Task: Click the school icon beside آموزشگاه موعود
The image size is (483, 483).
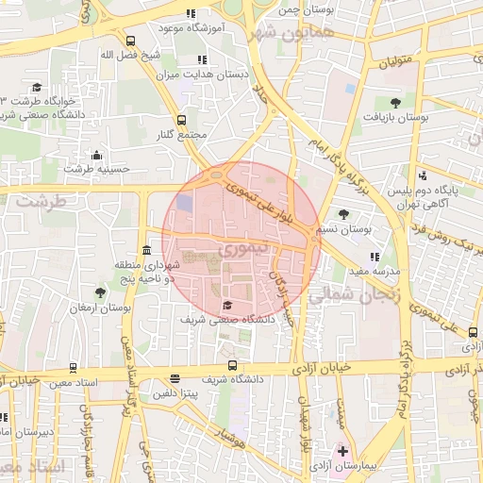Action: pyautogui.click(x=192, y=14)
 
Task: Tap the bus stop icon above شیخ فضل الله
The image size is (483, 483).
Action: pyautogui.click(x=129, y=41)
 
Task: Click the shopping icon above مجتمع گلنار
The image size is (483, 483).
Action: pyautogui.click(x=184, y=120)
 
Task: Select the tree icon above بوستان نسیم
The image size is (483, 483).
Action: pyautogui.click(x=343, y=214)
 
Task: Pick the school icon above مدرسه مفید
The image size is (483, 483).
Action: pyautogui.click(x=375, y=256)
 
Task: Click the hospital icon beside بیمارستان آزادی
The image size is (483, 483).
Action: pyautogui.click(x=343, y=452)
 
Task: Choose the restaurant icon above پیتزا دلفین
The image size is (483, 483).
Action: pyautogui.click(x=175, y=378)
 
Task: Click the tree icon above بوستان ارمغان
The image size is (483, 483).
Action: pyautogui.click(x=100, y=293)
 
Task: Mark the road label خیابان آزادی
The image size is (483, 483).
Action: pyautogui.click(x=325, y=367)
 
